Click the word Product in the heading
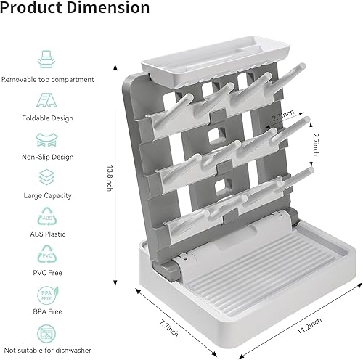point(36,9)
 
